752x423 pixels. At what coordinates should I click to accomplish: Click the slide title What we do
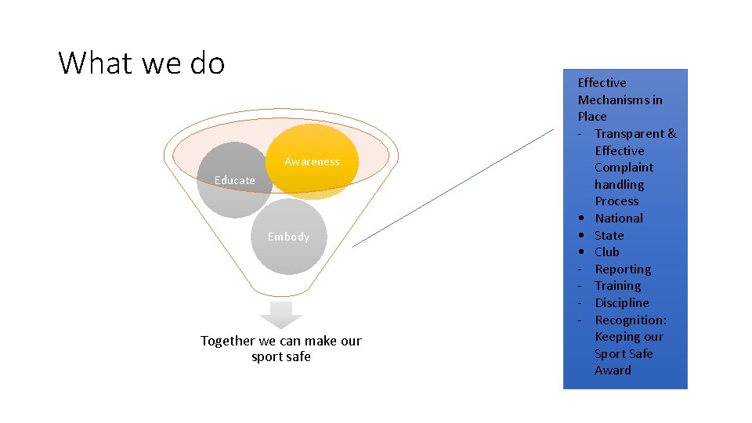click(142, 63)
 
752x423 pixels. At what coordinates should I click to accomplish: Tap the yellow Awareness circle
click(312, 161)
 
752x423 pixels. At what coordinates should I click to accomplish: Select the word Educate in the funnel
click(235, 180)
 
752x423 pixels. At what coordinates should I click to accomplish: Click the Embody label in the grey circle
click(288, 237)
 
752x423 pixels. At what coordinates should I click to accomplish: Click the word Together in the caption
click(228, 341)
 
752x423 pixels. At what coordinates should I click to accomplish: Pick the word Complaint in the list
click(624, 168)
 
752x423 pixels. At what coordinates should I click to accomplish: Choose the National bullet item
click(619, 219)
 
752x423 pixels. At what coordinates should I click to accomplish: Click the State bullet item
click(609, 235)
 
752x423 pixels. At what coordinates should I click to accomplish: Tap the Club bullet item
click(607, 252)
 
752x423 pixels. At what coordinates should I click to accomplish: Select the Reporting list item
click(623, 269)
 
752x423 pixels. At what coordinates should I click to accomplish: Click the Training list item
click(618, 286)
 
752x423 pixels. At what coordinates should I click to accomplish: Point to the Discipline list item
click(622, 303)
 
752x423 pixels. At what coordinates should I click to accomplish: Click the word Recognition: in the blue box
click(631, 320)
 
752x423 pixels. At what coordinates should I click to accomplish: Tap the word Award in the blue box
click(613, 371)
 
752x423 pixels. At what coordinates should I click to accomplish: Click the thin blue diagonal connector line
click(453, 189)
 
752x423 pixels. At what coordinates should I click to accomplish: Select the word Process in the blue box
click(616, 201)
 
